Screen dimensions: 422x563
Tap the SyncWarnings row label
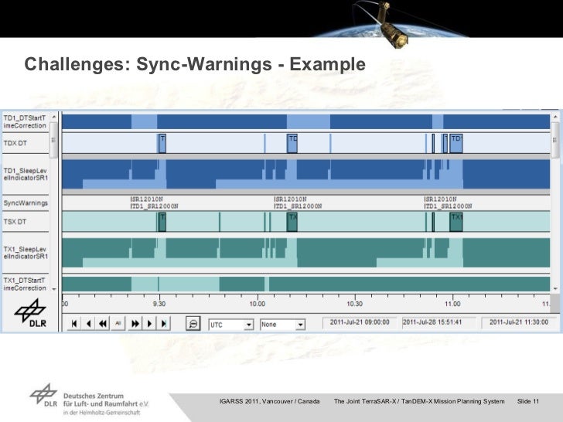(25, 202)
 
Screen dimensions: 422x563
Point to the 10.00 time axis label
(257, 304)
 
